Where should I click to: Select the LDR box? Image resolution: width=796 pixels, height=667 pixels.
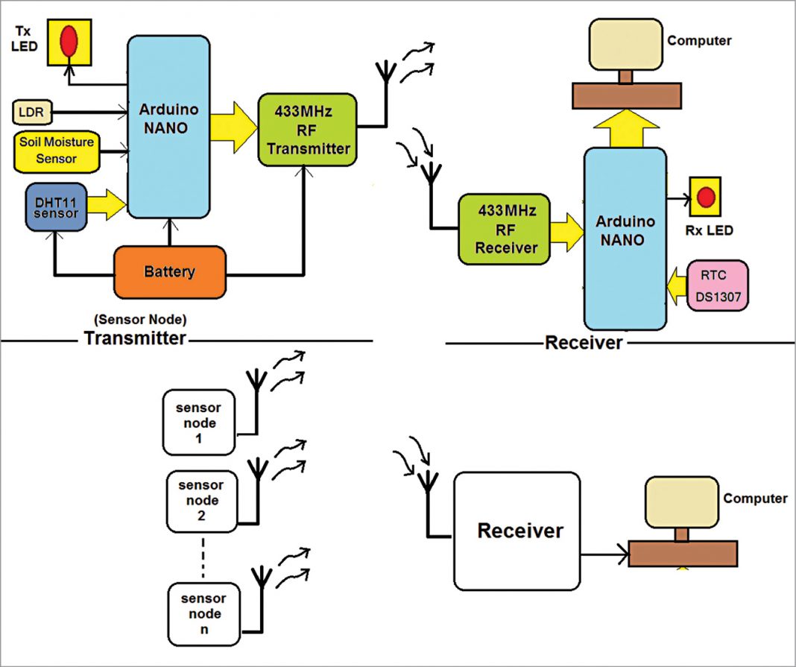(x=30, y=112)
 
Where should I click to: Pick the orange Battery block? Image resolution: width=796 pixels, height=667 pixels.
(x=170, y=272)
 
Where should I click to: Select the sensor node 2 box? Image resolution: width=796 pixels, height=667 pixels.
(x=200, y=502)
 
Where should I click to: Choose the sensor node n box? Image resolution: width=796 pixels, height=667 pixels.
(x=203, y=613)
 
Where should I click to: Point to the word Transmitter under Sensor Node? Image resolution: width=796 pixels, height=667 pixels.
(x=134, y=339)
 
